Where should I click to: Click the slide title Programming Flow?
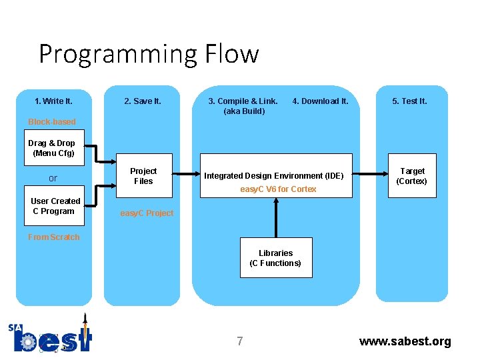tap(149, 53)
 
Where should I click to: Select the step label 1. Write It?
tap(53, 101)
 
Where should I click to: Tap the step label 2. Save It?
tap(143, 101)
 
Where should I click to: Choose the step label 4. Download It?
tap(320, 101)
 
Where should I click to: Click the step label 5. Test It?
tap(409, 101)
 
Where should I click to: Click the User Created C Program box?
tap(55, 206)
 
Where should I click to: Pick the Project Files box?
tap(143, 176)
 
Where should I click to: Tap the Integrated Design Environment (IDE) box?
tap(274, 176)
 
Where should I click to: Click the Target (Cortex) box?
tap(411, 176)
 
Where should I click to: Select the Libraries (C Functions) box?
tap(275, 258)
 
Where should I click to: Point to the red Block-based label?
tap(52, 122)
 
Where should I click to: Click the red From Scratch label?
tap(53, 237)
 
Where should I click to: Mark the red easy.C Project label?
tap(147, 213)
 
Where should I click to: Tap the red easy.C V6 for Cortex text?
tap(278, 189)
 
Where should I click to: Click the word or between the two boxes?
tap(53, 179)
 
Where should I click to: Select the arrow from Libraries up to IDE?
tap(276, 217)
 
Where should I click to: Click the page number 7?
tap(240, 341)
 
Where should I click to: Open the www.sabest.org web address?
tap(405, 341)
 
